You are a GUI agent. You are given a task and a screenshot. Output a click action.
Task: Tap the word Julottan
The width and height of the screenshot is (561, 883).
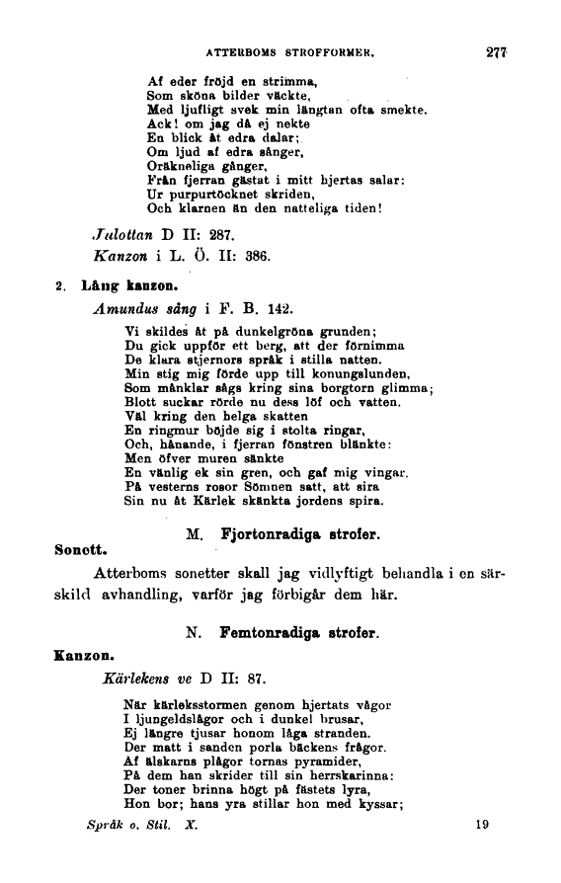tap(119, 237)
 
